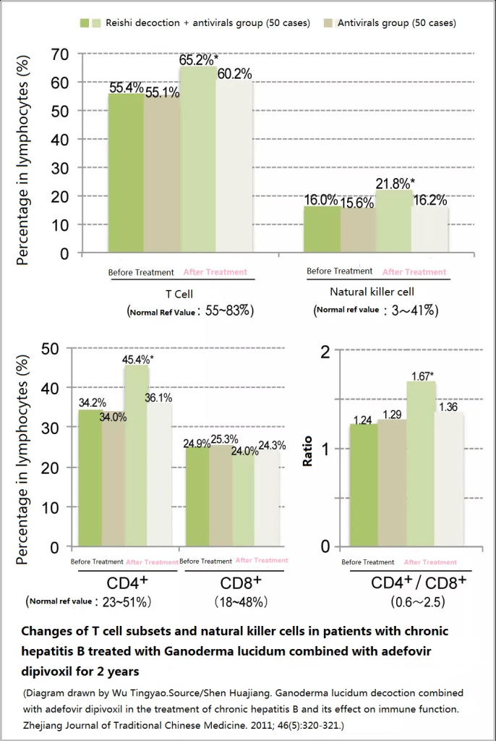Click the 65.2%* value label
(x=199, y=59)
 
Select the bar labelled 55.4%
(x=126, y=174)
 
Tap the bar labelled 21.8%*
(x=393, y=221)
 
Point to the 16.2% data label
(x=429, y=200)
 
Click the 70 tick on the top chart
(x=60, y=54)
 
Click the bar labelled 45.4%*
(x=137, y=456)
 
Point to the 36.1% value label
(x=159, y=397)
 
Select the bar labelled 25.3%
(x=221, y=496)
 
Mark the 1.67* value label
(x=422, y=376)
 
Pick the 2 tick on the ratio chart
(x=325, y=352)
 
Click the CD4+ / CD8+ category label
(x=419, y=583)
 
